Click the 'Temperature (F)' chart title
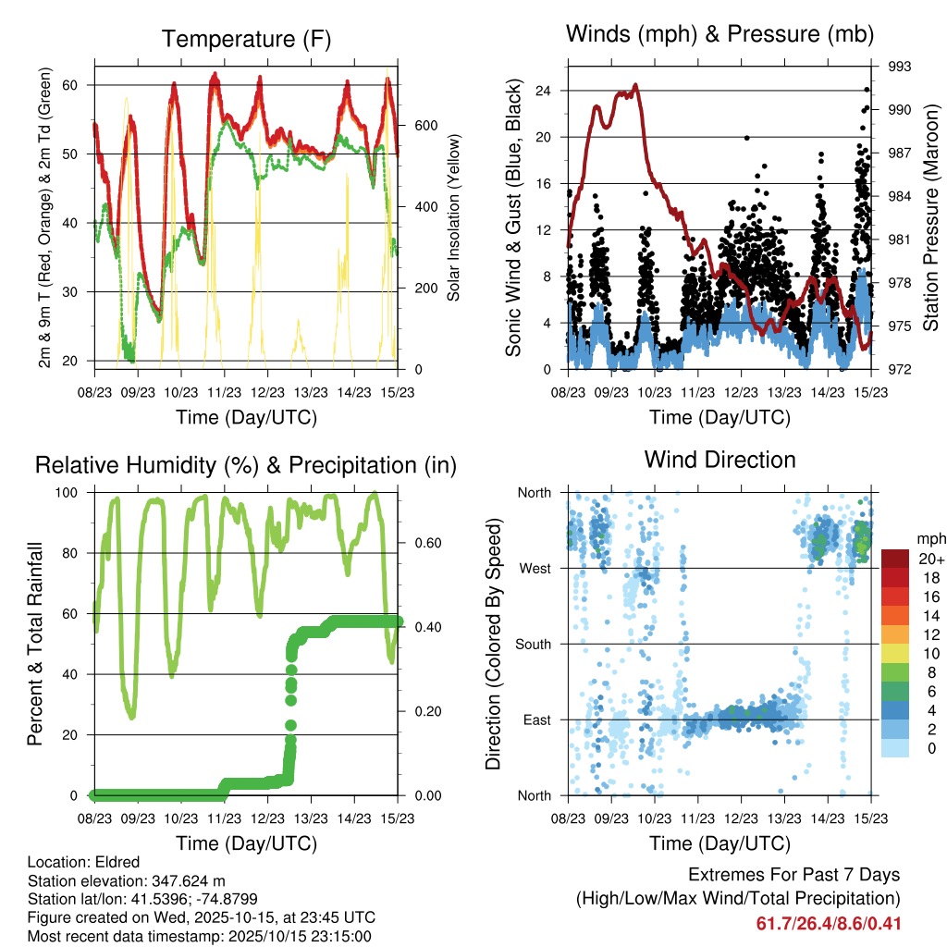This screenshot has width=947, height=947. point(245,39)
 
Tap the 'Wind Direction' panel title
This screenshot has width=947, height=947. point(719,460)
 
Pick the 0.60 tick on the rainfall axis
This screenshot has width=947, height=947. point(419,543)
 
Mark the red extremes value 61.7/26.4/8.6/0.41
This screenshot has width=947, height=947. point(829,924)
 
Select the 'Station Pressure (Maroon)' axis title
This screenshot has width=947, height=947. point(931,217)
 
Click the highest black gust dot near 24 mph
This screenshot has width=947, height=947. point(867,90)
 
